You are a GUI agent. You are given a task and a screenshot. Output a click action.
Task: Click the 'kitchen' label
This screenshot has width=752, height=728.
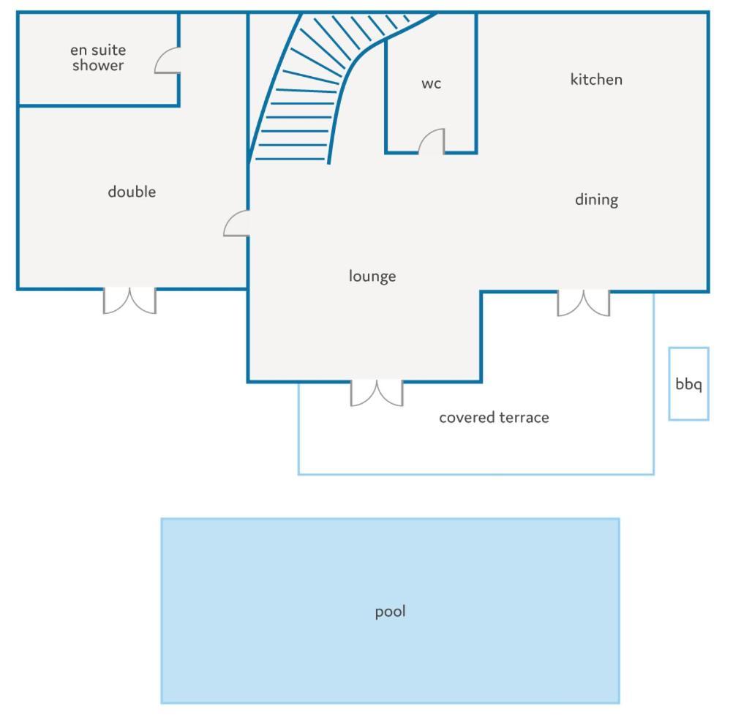click(x=596, y=80)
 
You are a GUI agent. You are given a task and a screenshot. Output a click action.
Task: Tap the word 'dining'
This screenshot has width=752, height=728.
click(x=597, y=200)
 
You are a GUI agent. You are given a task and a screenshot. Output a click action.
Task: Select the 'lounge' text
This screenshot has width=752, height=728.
click(x=372, y=277)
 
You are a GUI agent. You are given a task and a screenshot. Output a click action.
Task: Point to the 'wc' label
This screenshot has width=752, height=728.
click(x=431, y=84)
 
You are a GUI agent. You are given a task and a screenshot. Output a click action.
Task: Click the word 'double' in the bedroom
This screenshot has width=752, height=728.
click(x=132, y=192)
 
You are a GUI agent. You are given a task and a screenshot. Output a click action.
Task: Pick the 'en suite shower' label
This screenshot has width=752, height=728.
click(x=98, y=58)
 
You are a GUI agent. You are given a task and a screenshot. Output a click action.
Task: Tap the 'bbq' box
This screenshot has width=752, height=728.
click(x=688, y=383)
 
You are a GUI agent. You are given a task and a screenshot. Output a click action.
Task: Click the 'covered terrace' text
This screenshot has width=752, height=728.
click(x=494, y=418)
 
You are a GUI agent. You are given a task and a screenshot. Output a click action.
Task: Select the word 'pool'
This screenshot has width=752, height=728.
click(x=391, y=612)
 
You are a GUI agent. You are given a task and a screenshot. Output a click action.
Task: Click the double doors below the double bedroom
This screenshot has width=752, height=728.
click(x=130, y=301)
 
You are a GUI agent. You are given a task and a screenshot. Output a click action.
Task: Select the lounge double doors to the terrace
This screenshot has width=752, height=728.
click(x=377, y=393)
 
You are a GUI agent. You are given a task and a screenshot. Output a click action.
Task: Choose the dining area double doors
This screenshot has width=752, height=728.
click(x=584, y=303)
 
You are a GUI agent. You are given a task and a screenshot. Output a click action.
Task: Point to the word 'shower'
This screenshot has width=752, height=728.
click(x=98, y=66)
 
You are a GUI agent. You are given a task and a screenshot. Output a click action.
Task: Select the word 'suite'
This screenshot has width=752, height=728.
click(x=108, y=50)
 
